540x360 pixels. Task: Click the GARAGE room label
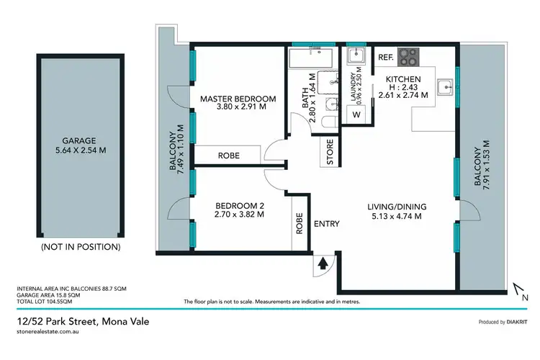click(79, 141)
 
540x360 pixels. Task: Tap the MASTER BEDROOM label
click(238, 99)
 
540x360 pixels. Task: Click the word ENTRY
click(326, 224)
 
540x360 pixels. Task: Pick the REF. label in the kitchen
click(384, 55)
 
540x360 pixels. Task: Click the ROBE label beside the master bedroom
click(220, 156)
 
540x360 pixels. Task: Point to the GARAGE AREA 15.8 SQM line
click(48, 294)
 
